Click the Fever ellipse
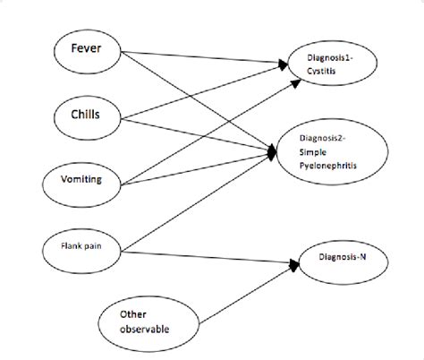[87, 50]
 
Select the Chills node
[86, 114]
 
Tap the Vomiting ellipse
[86, 179]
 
